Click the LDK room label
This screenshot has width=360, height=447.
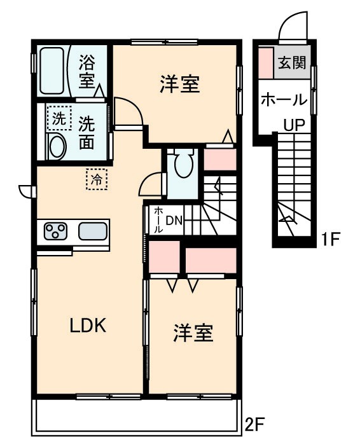(87, 327)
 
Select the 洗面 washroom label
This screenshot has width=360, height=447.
(87, 132)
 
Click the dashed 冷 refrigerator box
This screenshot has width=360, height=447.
(97, 179)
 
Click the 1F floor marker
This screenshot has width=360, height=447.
(331, 240)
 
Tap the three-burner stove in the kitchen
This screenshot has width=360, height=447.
(56, 231)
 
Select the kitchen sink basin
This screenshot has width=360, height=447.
(93, 231)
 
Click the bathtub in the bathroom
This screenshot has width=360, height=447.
(53, 71)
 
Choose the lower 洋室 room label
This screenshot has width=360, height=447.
(192, 332)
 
